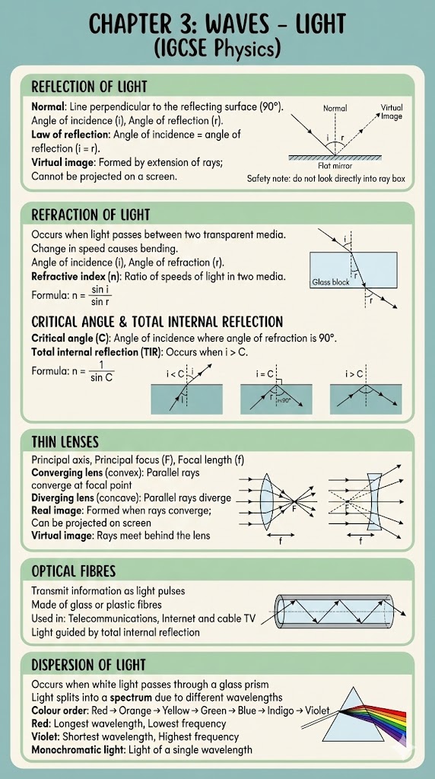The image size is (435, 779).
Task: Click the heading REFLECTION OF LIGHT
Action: pos(89,87)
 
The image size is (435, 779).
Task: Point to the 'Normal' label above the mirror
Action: pos(335,109)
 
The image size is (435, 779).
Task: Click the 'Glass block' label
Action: pos(331,282)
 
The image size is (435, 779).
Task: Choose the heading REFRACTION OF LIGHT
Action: pos(90,215)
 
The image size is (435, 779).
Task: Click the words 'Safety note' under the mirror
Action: pos(271,179)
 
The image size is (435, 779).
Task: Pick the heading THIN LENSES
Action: pos(65,442)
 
